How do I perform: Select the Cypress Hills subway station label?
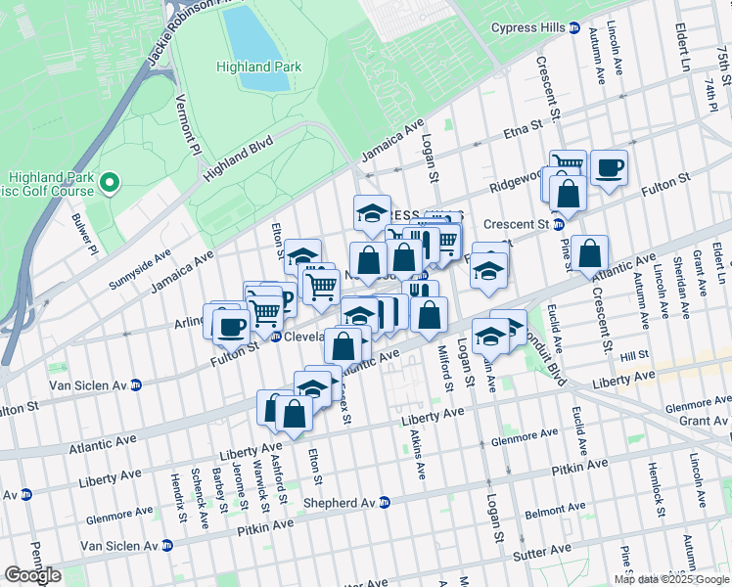536,27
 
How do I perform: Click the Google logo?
32,575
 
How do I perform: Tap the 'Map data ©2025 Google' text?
670,579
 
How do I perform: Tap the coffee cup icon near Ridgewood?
609,167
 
